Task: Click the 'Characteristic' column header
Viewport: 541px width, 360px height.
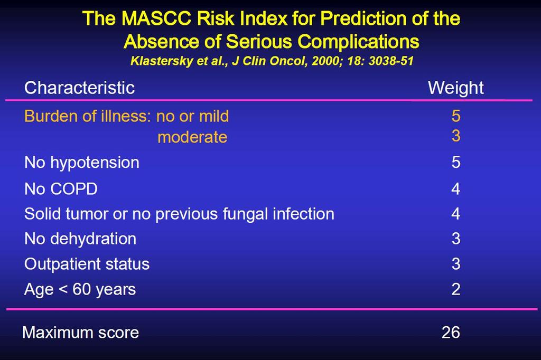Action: pyautogui.click(x=79, y=88)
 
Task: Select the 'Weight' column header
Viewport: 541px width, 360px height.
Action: pyautogui.click(x=455, y=88)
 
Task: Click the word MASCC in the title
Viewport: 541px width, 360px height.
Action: pyautogui.click(x=156, y=18)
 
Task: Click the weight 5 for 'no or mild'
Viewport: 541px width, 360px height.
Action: pyautogui.click(x=456, y=116)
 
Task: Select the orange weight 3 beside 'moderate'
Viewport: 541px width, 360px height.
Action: pyautogui.click(x=456, y=136)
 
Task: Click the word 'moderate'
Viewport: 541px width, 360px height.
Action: pyautogui.click(x=192, y=137)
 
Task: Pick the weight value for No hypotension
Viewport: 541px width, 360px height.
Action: pyautogui.click(x=456, y=162)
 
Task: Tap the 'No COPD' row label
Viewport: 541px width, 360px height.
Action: pyautogui.click(x=61, y=189)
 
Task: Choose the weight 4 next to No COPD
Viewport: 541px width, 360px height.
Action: pyautogui.click(x=456, y=189)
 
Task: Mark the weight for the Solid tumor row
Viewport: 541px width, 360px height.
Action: pyautogui.click(x=456, y=214)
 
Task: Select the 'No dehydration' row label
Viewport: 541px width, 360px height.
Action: pyautogui.click(x=80, y=239)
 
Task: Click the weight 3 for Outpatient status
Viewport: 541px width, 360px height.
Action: pyautogui.click(x=456, y=264)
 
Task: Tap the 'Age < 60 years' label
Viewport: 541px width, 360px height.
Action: pyautogui.click(x=80, y=290)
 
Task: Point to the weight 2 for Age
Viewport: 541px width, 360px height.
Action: pyautogui.click(x=456, y=289)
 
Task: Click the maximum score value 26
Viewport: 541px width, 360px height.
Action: pyautogui.click(x=451, y=333)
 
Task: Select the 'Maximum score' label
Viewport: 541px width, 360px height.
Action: pyautogui.click(x=80, y=333)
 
